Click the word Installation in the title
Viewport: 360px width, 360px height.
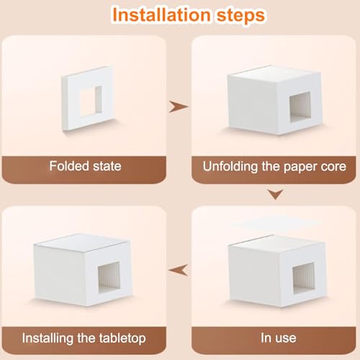[161, 15]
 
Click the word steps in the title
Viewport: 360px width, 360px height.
[240, 16]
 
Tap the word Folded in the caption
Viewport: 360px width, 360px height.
[69, 166]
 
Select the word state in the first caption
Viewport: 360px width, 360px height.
[107, 166]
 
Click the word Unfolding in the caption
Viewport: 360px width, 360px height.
[230, 167]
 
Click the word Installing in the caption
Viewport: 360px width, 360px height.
[48, 338]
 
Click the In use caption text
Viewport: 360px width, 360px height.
[279, 338]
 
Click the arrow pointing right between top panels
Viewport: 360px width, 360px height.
[179, 107]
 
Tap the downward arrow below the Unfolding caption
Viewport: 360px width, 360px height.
[276, 194]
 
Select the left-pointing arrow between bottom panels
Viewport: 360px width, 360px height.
[179, 270]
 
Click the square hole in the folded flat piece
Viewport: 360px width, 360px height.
[91, 101]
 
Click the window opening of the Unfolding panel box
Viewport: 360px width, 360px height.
[300, 107]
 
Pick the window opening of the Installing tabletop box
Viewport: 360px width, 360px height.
[109, 277]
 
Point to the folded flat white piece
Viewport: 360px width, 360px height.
[88, 99]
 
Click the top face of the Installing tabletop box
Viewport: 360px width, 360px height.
[81, 243]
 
